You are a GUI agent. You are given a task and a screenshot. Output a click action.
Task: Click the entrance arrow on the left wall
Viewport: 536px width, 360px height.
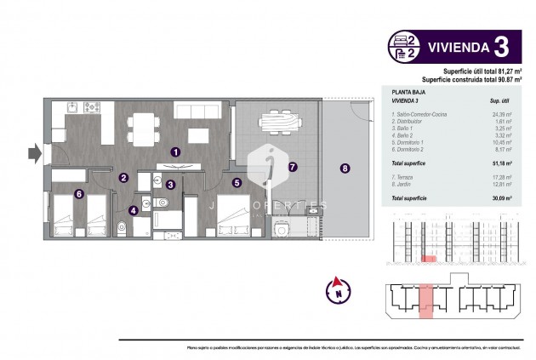[33, 154]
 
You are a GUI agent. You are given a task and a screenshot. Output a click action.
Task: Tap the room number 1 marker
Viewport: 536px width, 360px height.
[175, 151]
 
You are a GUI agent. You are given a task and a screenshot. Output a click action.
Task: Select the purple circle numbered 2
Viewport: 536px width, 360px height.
[123, 178]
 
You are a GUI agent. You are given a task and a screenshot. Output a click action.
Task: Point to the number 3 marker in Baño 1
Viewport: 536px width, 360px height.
[170, 184]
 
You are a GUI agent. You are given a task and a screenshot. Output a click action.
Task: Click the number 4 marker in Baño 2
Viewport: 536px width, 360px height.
[133, 210]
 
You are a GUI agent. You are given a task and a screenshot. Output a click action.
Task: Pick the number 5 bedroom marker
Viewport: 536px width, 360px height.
[237, 181]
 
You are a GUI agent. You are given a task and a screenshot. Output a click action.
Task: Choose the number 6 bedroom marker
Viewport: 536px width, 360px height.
[78, 193]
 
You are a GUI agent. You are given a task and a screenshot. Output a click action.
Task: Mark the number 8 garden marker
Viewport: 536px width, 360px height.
[345, 168]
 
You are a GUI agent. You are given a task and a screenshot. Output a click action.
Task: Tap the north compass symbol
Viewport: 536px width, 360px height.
[338, 289]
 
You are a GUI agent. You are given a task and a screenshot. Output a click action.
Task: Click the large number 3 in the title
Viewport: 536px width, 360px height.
[502, 44]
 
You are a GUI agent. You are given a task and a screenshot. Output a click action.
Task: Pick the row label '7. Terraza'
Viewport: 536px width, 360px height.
[405, 176]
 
